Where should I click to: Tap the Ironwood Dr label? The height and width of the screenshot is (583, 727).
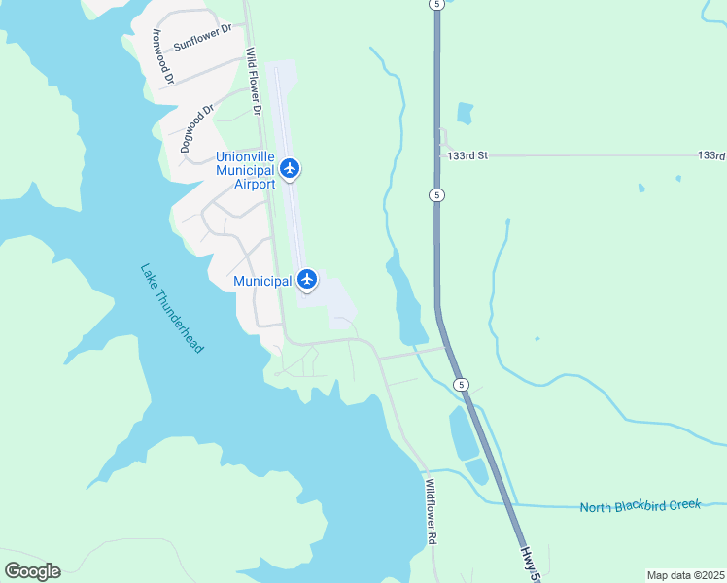click(x=161, y=54)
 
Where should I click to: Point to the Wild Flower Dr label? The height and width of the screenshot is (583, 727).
click(x=255, y=82)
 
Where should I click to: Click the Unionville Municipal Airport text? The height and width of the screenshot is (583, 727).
click(x=245, y=169)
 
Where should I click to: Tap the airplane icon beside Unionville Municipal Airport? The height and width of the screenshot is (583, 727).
click(x=290, y=168)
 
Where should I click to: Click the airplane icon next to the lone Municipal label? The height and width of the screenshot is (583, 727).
click(x=307, y=280)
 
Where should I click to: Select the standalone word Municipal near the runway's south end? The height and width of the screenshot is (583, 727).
click(x=262, y=281)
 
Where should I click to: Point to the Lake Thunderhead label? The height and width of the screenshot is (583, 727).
click(x=172, y=309)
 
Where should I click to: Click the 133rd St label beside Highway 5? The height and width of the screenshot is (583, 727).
click(x=467, y=154)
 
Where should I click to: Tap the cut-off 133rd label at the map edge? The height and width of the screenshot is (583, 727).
click(x=711, y=155)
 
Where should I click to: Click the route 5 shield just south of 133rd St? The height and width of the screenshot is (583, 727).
click(x=437, y=195)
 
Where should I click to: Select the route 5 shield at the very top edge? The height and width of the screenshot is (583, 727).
click(x=437, y=5)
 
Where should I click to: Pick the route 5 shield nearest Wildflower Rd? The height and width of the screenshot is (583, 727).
click(x=462, y=385)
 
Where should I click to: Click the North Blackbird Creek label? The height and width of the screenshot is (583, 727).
click(x=640, y=506)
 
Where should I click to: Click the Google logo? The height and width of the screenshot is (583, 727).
click(x=32, y=570)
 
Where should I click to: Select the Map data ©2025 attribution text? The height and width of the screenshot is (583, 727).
click(x=685, y=575)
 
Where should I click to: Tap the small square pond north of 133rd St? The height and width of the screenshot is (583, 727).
click(x=465, y=113)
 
